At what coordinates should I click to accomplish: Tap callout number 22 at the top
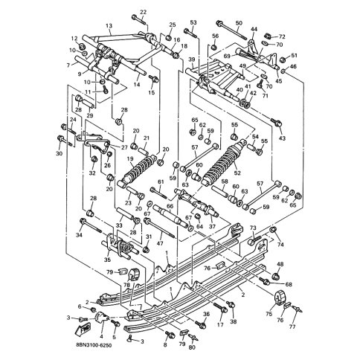(x=143, y=12)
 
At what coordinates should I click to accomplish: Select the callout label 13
(x=109, y=25)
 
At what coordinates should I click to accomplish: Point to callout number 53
(x=193, y=22)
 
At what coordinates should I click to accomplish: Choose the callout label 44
(x=254, y=29)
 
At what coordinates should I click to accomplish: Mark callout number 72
(x=281, y=36)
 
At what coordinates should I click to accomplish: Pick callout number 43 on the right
(x=282, y=138)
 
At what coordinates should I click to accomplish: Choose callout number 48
(x=280, y=265)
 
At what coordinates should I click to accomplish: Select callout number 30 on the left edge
(x=59, y=154)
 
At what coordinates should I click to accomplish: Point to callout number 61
(x=160, y=182)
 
